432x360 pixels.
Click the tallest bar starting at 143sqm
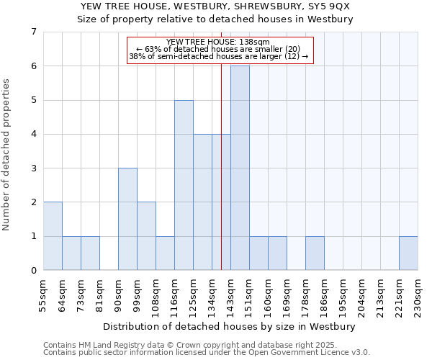pos(240,168)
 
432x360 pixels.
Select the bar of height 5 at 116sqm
pos(184,185)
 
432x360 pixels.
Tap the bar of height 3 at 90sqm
pos(127,219)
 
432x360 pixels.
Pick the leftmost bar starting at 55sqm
pos(53,236)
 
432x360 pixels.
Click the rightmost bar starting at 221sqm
pos(408,253)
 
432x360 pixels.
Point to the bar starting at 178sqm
pos(315,253)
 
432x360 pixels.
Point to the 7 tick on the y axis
pos(33,32)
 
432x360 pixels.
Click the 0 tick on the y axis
pos(33,271)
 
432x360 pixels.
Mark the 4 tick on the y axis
pos(33,134)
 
